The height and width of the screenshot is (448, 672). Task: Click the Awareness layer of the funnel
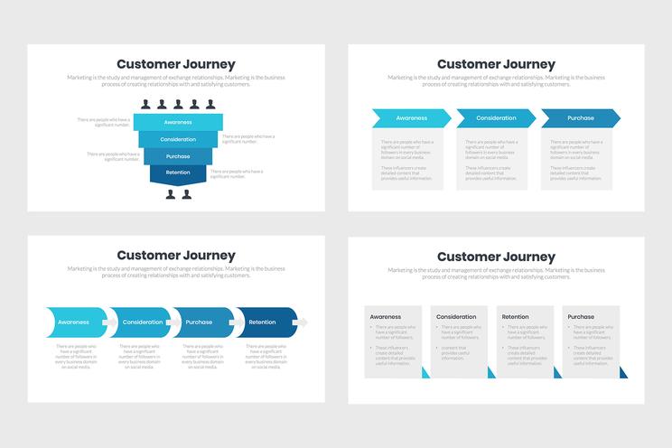tap(177, 122)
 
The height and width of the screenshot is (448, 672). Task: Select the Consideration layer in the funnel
tap(177, 139)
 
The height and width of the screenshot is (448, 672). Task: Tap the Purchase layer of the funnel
tap(177, 156)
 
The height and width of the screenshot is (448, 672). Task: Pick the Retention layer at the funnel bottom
tap(177, 173)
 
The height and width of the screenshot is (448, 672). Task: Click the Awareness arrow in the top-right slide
tap(411, 118)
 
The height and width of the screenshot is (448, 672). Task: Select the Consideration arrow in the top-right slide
tap(496, 118)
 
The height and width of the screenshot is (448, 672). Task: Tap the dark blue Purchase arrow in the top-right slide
tap(581, 118)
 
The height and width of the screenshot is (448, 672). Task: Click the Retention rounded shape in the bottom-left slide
tap(265, 322)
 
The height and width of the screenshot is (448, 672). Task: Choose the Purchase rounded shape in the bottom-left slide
tap(201, 322)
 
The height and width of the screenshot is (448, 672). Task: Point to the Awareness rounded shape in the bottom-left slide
tap(74, 322)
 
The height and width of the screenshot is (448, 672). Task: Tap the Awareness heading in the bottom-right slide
tap(386, 317)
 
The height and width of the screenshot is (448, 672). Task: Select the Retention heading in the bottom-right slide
tap(516, 317)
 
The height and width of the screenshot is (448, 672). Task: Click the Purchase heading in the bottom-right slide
tap(581, 317)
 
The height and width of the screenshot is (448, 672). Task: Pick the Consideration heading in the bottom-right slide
tap(456, 317)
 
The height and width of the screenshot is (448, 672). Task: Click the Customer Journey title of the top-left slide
tap(176, 64)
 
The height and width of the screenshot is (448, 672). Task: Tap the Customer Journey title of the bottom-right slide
tap(496, 257)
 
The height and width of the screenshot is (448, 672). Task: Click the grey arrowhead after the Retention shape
tap(303, 322)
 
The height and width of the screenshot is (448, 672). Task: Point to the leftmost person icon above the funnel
tap(145, 105)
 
